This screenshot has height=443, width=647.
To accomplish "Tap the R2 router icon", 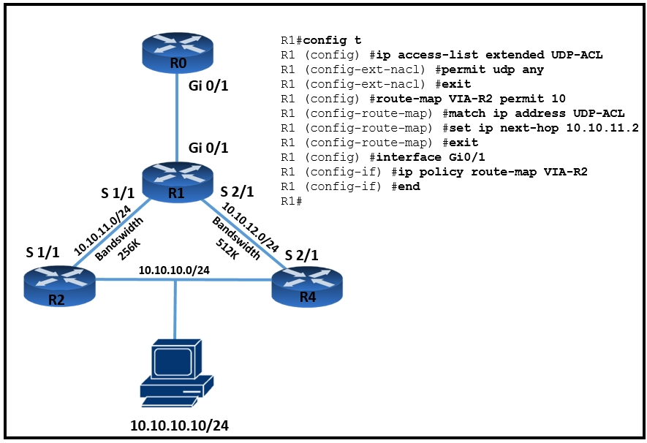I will (x=59, y=285).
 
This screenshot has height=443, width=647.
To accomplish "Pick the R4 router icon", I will (x=307, y=287).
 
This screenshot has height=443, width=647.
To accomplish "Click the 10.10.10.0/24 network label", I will (x=174, y=270).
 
